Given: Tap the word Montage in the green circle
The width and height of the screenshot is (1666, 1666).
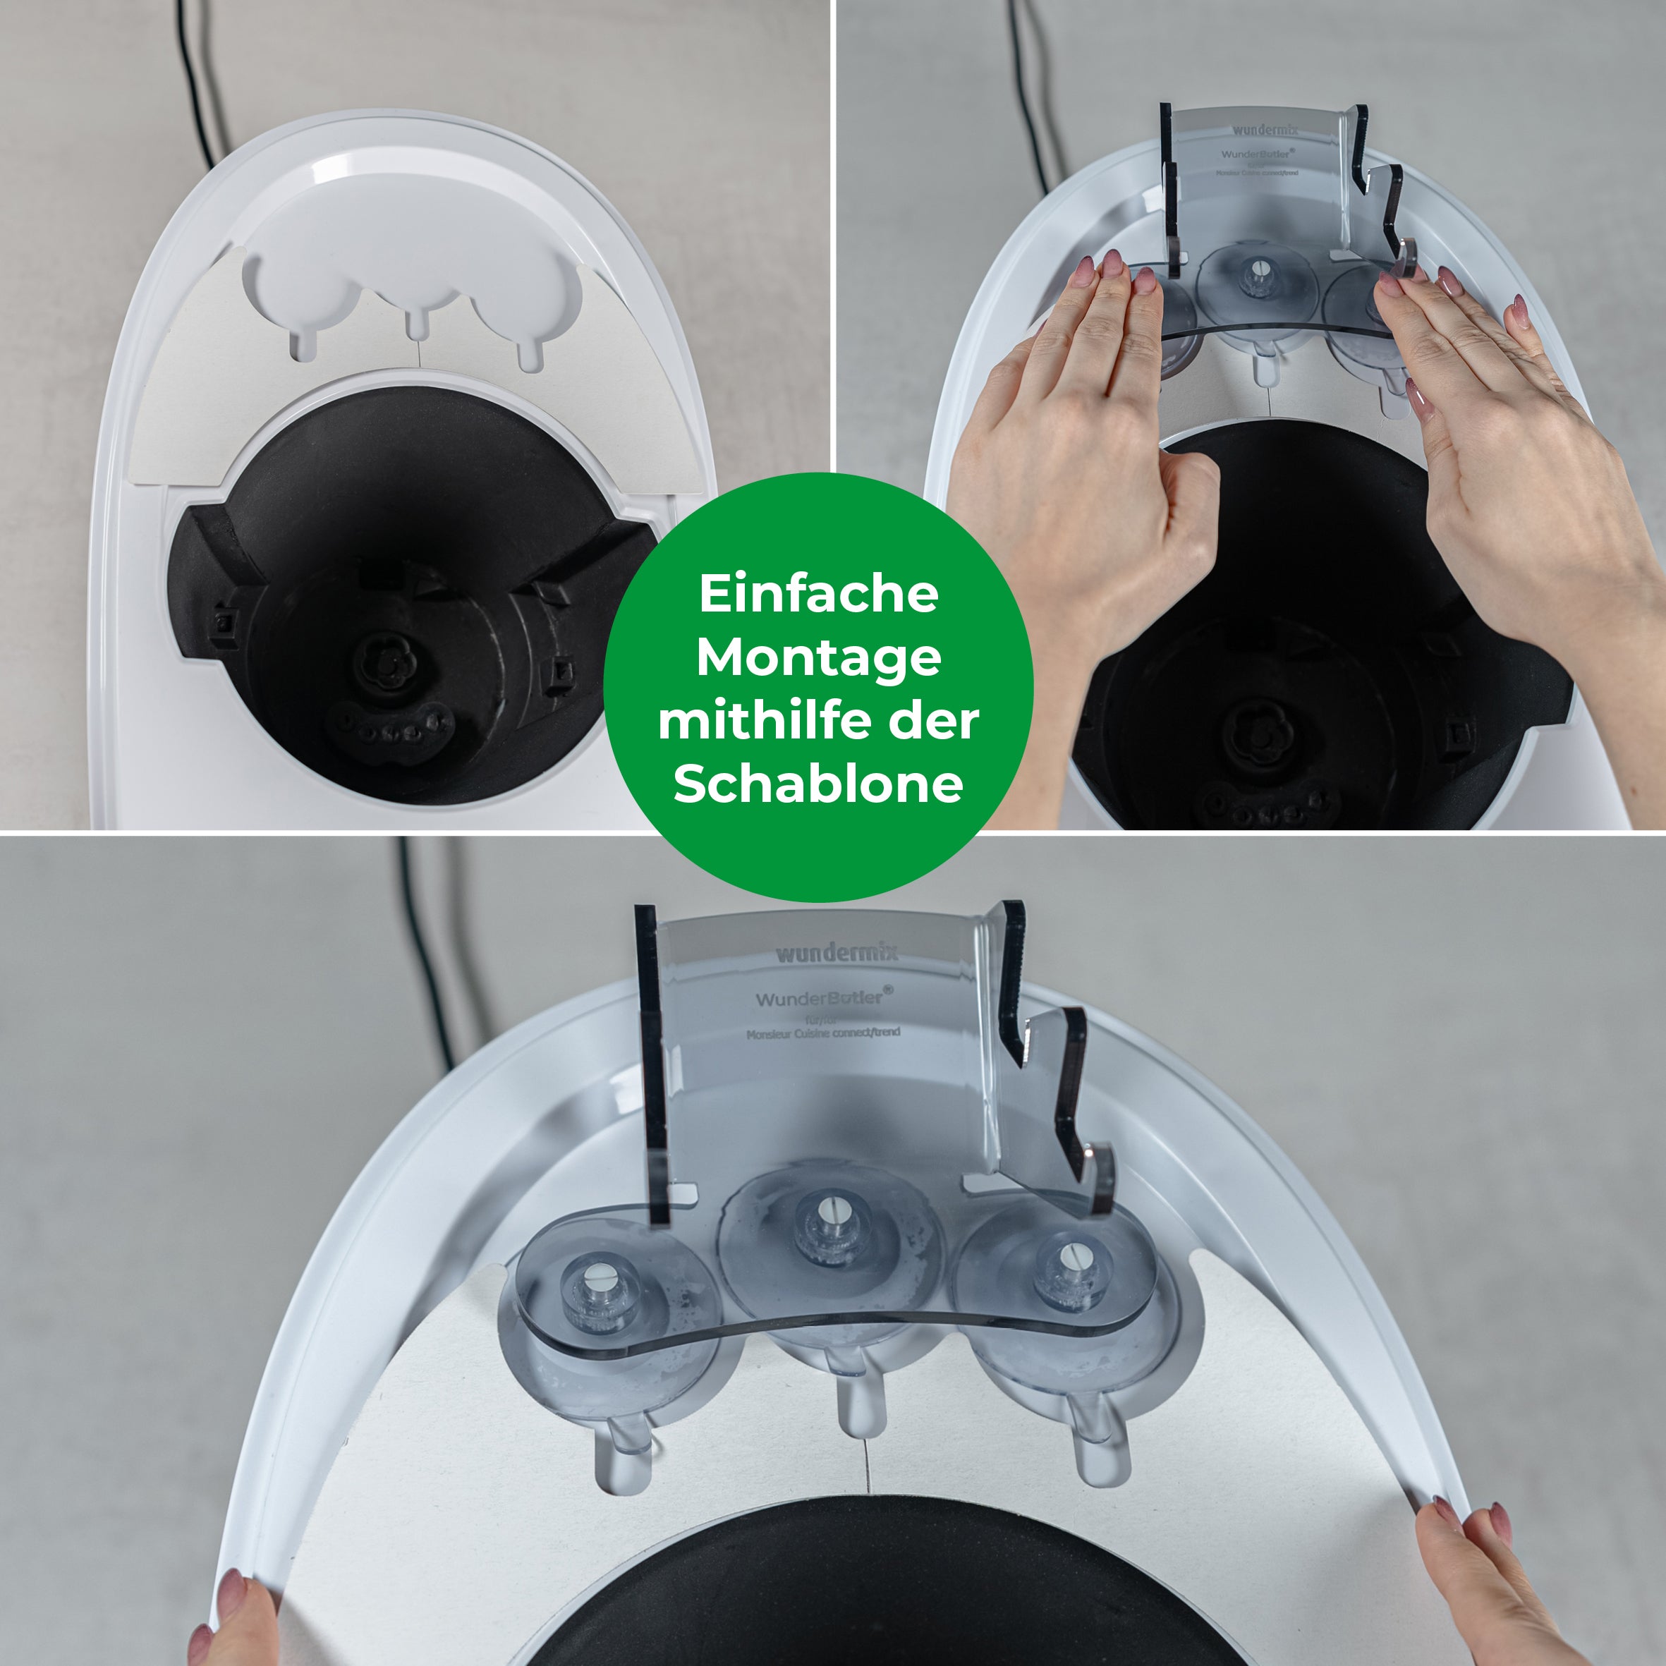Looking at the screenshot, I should tap(818, 658).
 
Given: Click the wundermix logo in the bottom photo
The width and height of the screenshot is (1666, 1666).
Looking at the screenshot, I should tap(837, 953).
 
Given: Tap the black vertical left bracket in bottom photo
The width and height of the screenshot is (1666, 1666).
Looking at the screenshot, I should tap(651, 1061).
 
